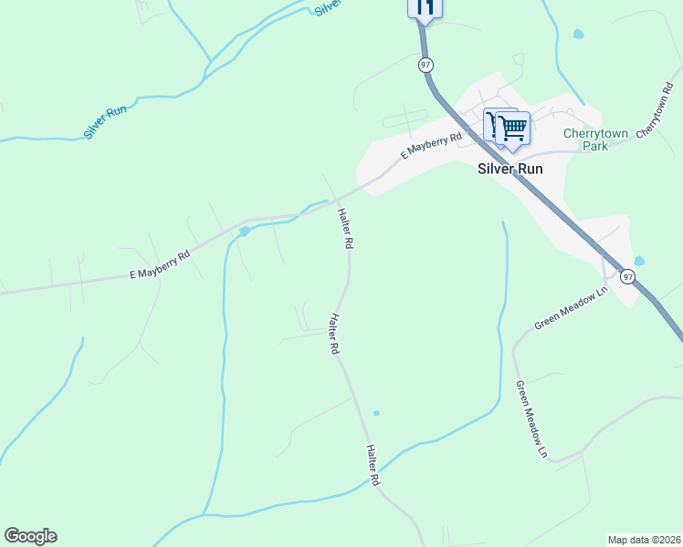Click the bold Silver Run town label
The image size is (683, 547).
point(511,169)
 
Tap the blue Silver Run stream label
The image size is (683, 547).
point(104,121)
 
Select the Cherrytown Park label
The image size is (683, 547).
point(595,139)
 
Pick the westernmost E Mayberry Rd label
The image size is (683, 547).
point(159,265)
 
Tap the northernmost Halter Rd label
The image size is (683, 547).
point(345,229)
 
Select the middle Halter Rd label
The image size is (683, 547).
point(334,335)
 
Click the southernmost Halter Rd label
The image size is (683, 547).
point(373,464)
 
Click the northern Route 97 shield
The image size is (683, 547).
point(426,65)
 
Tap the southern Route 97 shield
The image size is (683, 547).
point(627,276)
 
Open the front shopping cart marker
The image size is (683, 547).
point(513,128)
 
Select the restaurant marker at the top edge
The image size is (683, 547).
point(424,7)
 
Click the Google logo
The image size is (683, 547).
point(30,536)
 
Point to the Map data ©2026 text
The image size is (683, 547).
point(643,539)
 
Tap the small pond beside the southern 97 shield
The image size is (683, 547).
point(638,261)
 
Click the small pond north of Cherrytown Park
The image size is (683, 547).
point(578,35)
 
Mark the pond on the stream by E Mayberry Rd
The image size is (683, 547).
point(244,232)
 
